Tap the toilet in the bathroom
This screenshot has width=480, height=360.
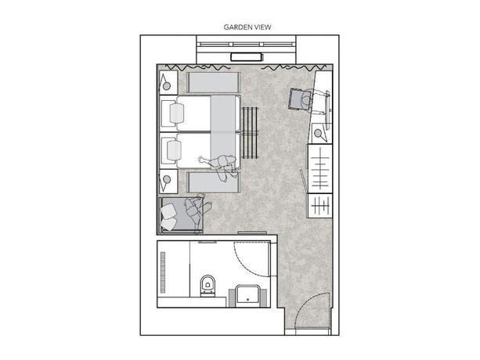pyautogui.click(x=208, y=286)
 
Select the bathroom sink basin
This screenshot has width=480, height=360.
pyautogui.click(x=249, y=294)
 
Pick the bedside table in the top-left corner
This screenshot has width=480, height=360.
pyautogui.click(x=168, y=81)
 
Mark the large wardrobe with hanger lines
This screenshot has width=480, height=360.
pyautogui.click(x=320, y=168)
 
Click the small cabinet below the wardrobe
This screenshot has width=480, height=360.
pyautogui.click(x=320, y=207)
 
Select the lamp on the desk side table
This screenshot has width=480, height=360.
pyautogui.click(x=320, y=133)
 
